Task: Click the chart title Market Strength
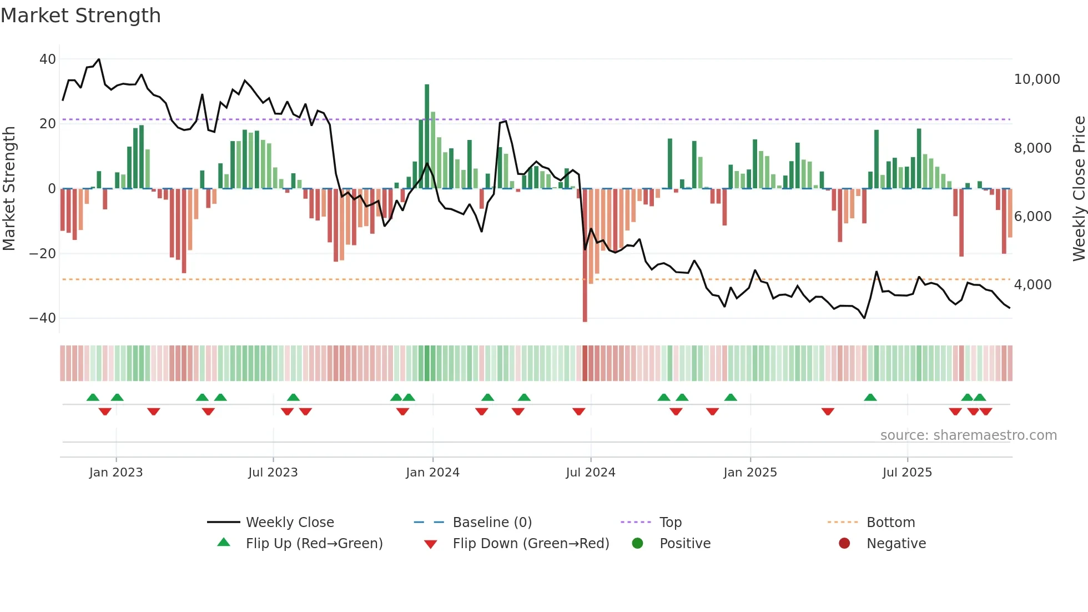(x=80, y=16)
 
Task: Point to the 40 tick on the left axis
(x=48, y=59)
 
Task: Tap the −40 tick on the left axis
(x=43, y=318)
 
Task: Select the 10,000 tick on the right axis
(x=1036, y=79)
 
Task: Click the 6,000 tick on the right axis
(x=1032, y=217)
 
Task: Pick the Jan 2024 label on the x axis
(x=432, y=473)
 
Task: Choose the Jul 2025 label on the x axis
(x=907, y=473)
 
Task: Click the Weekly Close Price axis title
(x=1079, y=189)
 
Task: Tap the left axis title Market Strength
(x=9, y=189)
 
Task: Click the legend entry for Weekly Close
(x=289, y=523)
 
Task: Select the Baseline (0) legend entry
(x=492, y=523)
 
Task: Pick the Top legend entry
(x=670, y=523)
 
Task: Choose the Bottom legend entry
(x=890, y=523)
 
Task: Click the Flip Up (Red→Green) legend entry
(x=314, y=544)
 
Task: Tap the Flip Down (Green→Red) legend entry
(x=530, y=544)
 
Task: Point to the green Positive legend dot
(x=637, y=544)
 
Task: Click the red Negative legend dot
(x=844, y=544)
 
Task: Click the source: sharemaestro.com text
(x=968, y=435)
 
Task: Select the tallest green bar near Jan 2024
(x=427, y=136)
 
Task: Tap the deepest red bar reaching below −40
(x=585, y=255)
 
